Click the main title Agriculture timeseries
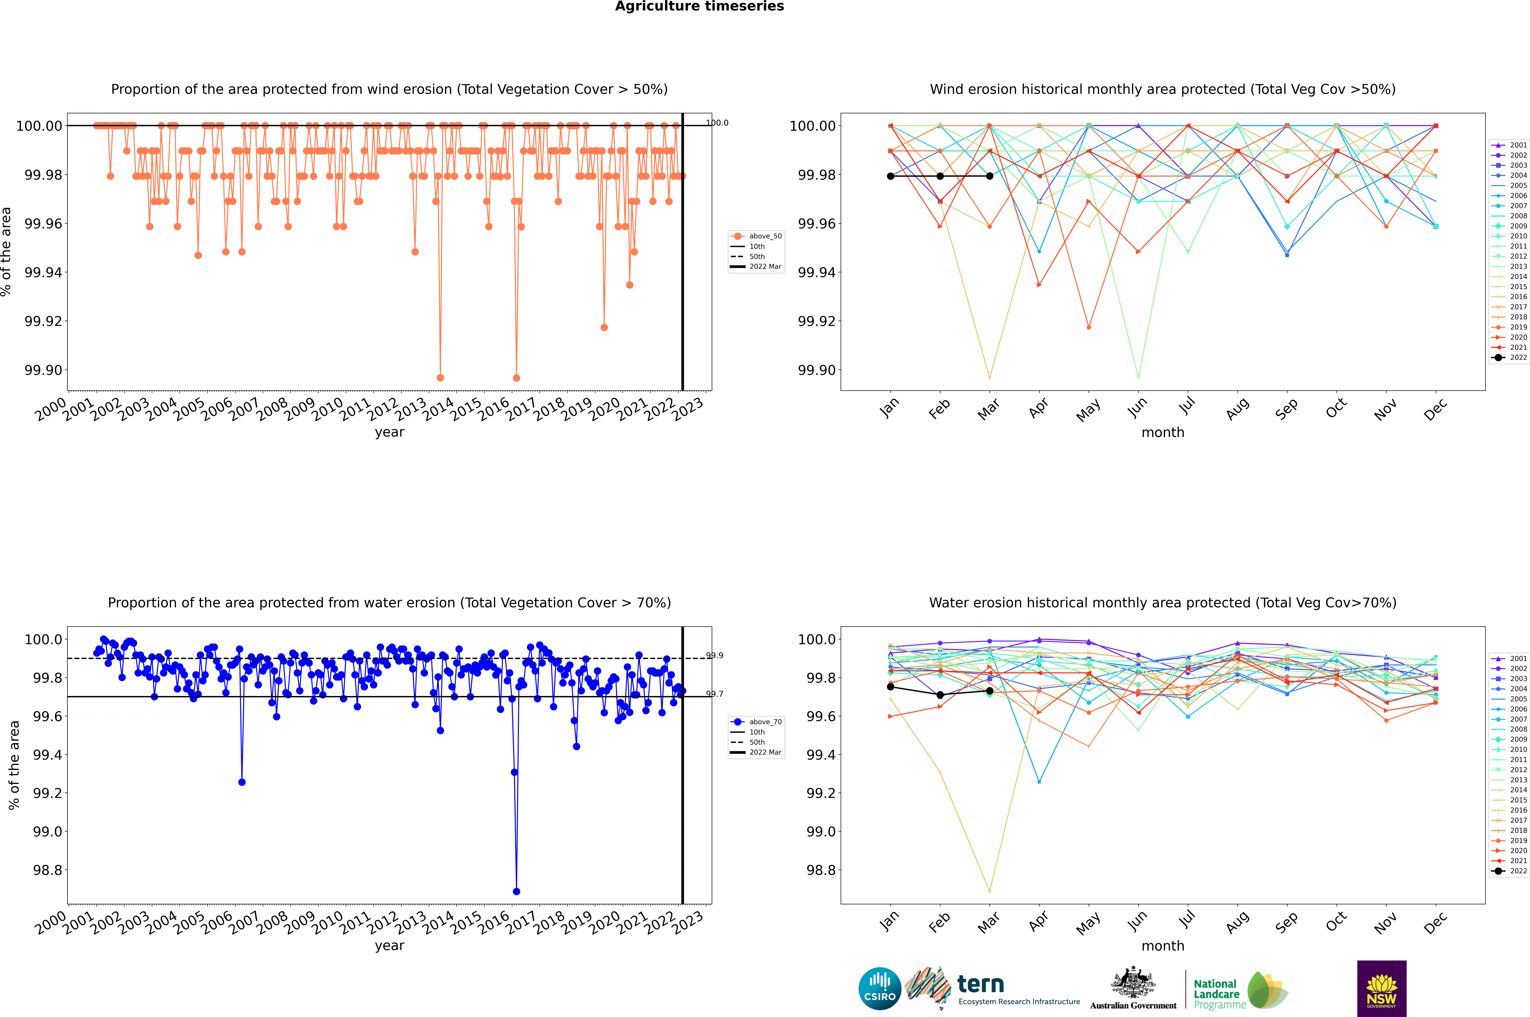(699, 6)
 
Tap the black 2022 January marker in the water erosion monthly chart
(891, 687)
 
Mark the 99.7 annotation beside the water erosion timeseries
(715, 694)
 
